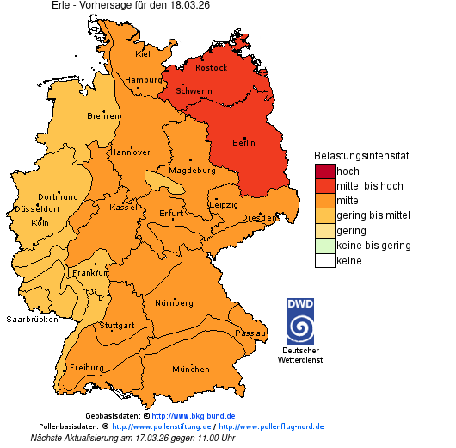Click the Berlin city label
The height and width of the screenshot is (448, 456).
244,142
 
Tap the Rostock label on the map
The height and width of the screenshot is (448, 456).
211,67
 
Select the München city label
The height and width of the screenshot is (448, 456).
190,370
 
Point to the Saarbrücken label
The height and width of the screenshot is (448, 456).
32,319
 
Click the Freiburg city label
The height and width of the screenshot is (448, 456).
86,367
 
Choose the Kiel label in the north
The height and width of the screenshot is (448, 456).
142,53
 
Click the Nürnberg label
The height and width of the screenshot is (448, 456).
173,303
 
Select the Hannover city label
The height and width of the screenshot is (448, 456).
131,152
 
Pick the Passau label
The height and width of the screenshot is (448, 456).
250,333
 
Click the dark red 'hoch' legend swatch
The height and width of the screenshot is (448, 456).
324,171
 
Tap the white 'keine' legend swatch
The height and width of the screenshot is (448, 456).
324,261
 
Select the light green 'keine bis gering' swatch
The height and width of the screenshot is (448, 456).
324,246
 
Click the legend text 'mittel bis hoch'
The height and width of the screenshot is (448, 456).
369,186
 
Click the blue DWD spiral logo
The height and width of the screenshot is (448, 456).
300,328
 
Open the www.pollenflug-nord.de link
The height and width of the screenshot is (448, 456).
271,426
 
